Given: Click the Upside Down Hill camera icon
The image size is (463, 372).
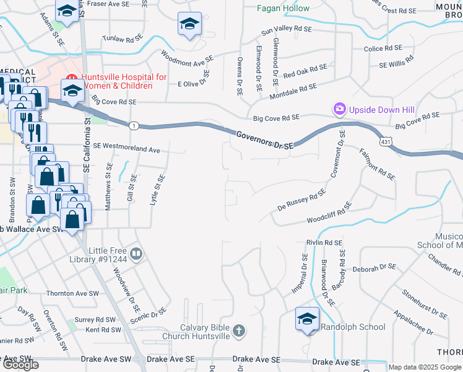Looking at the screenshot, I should [x=339, y=110].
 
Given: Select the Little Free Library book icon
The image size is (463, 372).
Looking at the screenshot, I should [x=137, y=254].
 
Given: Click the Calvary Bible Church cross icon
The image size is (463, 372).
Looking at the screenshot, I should [x=239, y=332].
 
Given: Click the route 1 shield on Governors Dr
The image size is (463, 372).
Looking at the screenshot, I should [x=134, y=126].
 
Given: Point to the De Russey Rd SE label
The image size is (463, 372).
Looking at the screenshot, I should [x=301, y=201].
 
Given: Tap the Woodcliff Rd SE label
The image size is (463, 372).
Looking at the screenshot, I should [x=329, y=213].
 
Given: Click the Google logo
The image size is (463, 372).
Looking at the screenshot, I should [x=21, y=365].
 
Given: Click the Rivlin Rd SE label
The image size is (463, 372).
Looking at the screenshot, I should [x=324, y=242].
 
